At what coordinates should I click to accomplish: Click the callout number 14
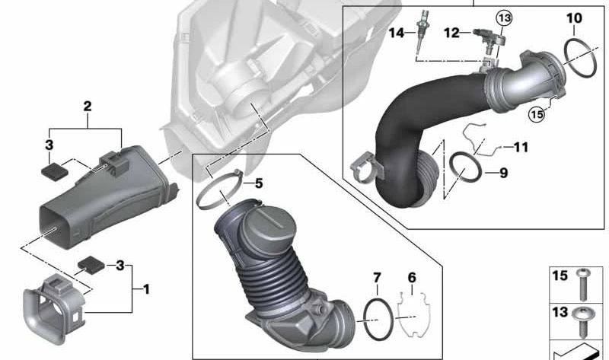397,33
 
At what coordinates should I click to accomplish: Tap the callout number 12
451,33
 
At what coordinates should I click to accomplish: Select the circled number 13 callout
504,18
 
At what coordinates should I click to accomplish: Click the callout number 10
574,18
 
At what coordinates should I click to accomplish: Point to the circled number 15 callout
537,114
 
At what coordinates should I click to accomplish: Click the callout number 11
521,147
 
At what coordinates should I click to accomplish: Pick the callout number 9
503,173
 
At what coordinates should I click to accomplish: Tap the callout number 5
259,183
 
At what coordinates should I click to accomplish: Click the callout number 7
377,278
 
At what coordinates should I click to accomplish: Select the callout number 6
412,278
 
